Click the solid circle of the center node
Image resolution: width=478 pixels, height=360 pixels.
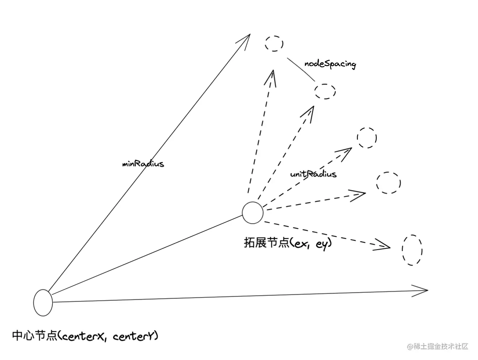(x=43, y=303)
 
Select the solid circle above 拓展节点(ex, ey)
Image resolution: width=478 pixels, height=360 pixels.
(x=253, y=212)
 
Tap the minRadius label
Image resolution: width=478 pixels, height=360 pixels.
(x=143, y=164)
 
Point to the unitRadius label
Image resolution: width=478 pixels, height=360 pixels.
(x=313, y=174)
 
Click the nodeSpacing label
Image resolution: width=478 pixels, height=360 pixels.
(x=330, y=64)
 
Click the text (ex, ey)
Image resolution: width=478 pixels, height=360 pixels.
(x=311, y=244)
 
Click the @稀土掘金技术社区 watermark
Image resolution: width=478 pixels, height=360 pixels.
(x=437, y=347)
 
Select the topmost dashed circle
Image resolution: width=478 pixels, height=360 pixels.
(x=274, y=44)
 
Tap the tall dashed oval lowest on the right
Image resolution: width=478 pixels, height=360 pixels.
(x=412, y=250)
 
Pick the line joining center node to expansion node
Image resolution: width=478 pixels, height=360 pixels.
(x=147, y=255)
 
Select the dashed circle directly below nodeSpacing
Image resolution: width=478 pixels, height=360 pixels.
(x=325, y=91)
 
